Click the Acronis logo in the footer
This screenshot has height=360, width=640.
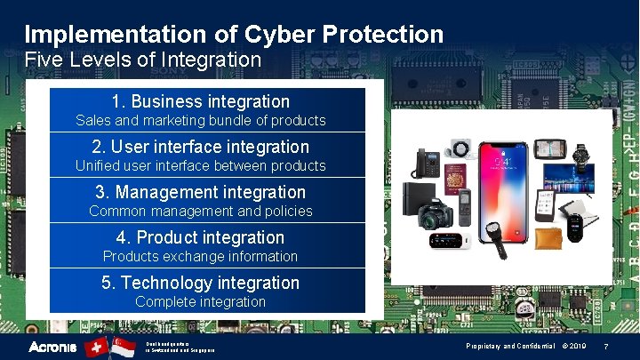coord(52,347)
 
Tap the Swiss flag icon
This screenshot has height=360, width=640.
coord(96,347)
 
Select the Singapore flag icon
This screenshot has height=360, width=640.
coord(124,347)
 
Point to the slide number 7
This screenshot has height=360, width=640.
coord(605,346)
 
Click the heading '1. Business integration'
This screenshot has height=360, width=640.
coord(201,101)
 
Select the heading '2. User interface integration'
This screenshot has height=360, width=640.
coord(201,147)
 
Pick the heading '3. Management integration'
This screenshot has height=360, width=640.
coord(201,192)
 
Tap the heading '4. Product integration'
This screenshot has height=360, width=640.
coord(201,237)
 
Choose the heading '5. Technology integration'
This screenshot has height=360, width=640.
coord(201,283)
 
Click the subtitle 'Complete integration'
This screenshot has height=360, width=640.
coord(201,301)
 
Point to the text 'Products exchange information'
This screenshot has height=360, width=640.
coord(201,256)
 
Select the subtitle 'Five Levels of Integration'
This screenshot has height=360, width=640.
coord(142,60)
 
